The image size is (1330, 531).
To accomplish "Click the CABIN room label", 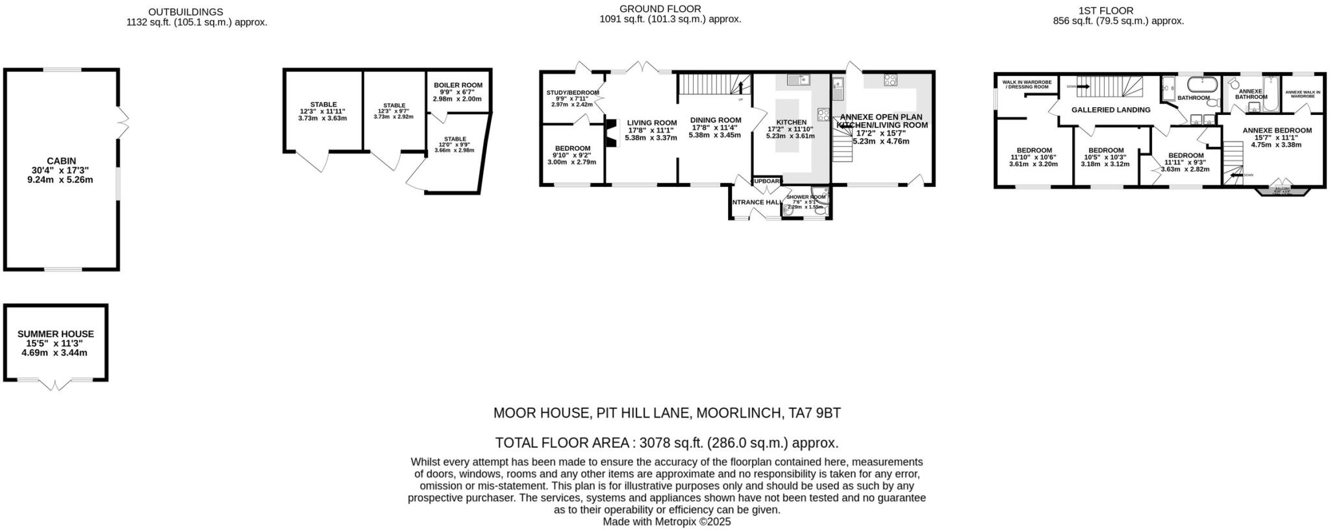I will (x=61, y=160).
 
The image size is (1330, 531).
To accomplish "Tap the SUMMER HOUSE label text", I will (x=55, y=334).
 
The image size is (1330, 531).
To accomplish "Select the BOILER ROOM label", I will (x=458, y=85).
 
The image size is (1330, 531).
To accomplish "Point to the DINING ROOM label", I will (x=715, y=120).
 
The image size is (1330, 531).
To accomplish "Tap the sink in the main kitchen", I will (x=796, y=80).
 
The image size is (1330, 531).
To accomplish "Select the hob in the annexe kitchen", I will (x=890, y=80).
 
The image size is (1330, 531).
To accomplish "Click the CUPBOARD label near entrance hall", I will (x=767, y=181).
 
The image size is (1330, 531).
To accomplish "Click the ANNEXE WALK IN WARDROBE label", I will (x=1303, y=94).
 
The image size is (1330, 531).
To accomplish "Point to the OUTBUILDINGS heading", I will (x=185, y=12).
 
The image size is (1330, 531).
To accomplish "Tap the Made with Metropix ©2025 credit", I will (x=666, y=521).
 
